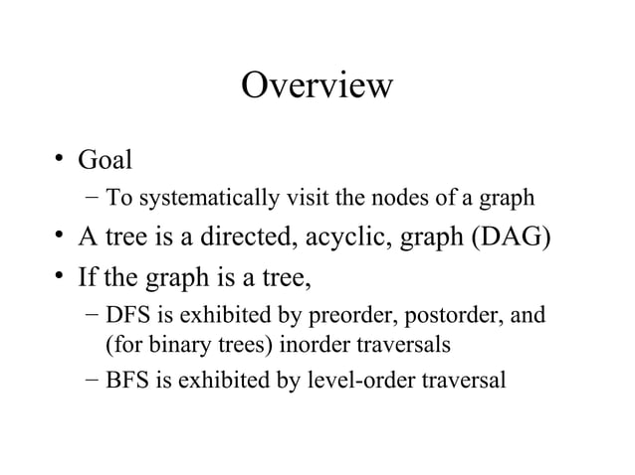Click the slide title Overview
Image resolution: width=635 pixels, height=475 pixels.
click(x=317, y=85)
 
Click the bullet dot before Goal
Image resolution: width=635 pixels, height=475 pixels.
click(x=60, y=159)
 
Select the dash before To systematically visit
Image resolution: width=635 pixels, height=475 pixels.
click(x=92, y=197)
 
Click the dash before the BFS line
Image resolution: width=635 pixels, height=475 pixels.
click(x=92, y=379)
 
